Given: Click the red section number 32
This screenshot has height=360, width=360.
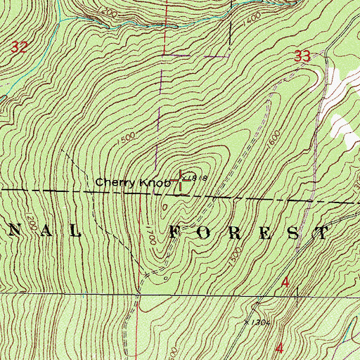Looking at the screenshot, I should [21, 47].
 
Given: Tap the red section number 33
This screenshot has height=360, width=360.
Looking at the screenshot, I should [302, 57].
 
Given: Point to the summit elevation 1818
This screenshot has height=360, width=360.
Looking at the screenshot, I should [199, 179].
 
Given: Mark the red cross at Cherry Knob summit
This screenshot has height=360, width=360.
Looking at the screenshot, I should [182, 179].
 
